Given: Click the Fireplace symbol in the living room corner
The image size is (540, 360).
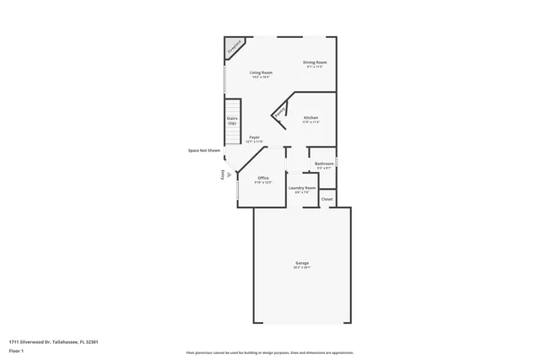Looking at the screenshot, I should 234,47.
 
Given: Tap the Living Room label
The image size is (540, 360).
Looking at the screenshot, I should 261,73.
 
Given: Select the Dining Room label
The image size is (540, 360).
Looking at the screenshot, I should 315,62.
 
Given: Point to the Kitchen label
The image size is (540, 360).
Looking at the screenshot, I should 310,118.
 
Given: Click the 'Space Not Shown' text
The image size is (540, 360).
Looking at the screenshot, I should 204,150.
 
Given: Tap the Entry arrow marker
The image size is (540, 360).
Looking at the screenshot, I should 229,175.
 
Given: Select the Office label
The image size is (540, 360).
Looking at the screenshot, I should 263,178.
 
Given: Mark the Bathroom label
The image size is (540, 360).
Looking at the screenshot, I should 325,164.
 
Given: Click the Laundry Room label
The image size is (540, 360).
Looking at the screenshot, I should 302,188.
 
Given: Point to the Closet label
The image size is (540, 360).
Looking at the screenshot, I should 327,199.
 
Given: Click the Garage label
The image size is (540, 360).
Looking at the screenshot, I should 302,263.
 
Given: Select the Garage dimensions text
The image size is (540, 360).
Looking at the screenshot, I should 302,268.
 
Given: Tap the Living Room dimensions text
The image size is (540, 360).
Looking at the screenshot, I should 261,77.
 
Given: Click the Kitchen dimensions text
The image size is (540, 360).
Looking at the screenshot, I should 310,122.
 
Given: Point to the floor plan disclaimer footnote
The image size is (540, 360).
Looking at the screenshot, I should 270,353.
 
